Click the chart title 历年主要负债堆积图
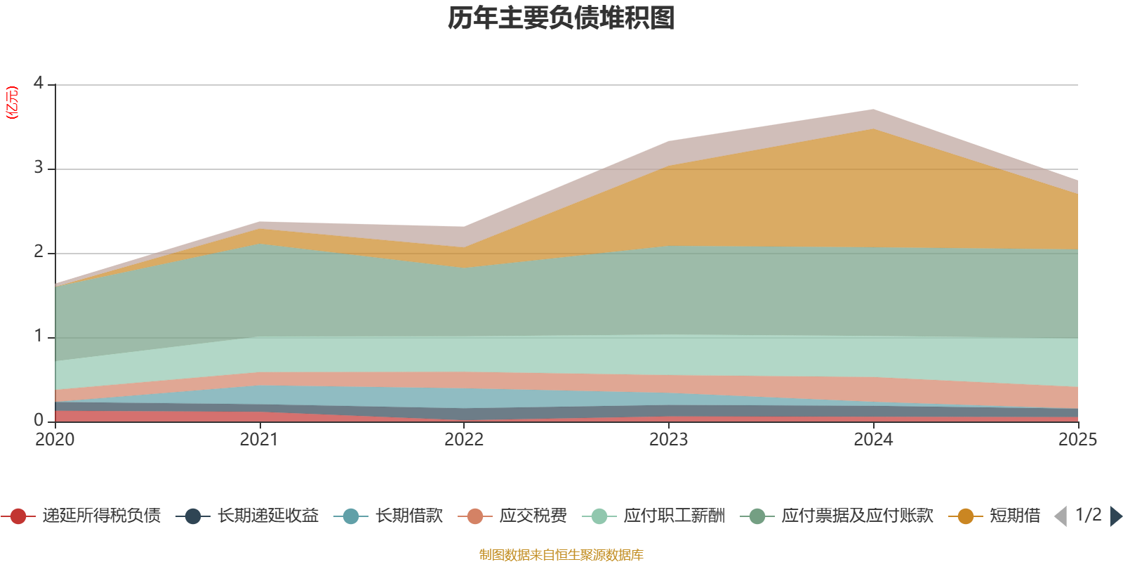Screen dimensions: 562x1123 pyautogui.click(x=561, y=18)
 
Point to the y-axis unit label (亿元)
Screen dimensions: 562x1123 pyautogui.click(x=12, y=103)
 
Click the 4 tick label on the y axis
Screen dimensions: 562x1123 pyautogui.click(x=39, y=84)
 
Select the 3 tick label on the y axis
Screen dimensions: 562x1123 pyautogui.click(x=39, y=168)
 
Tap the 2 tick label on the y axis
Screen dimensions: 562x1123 pyautogui.click(x=39, y=252)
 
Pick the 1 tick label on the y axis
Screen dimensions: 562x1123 pyautogui.click(x=39, y=336)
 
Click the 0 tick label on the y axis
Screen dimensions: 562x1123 pyautogui.click(x=39, y=420)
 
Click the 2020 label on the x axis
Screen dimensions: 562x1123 pyautogui.click(x=55, y=440)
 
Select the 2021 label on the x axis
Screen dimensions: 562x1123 pyautogui.click(x=259, y=440)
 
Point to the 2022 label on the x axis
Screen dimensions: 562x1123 pyautogui.click(x=464, y=440)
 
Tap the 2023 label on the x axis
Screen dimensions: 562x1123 pyautogui.click(x=668, y=440)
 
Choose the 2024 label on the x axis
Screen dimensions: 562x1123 pyautogui.click(x=873, y=440)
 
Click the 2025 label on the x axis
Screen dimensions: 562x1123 pyautogui.click(x=1077, y=440)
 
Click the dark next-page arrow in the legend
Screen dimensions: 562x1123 pyautogui.click(x=1115, y=516)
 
